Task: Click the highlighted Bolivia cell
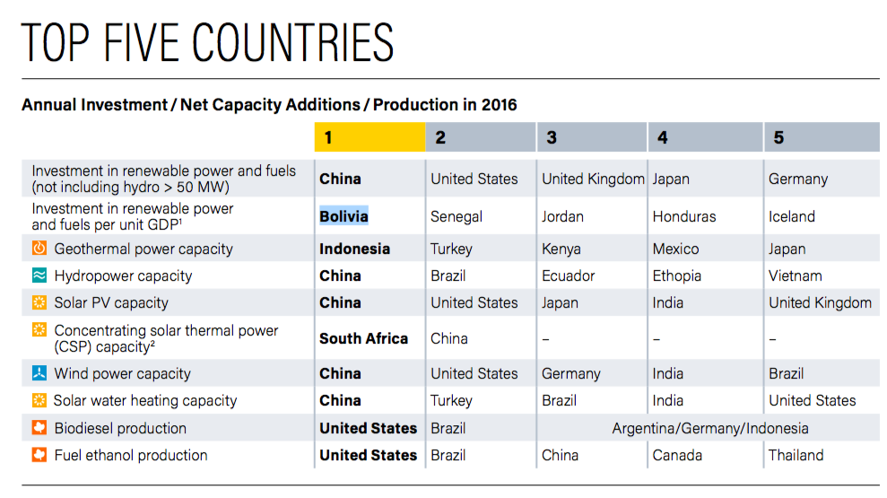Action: coord(343,216)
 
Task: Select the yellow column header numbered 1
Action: coord(370,137)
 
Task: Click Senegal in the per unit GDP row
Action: coord(457,216)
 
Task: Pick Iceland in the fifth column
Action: coord(792,216)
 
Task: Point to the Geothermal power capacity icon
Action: coord(39,249)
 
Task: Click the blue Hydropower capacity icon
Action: coord(39,275)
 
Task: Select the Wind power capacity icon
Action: coord(39,373)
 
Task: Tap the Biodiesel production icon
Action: coord(39,428)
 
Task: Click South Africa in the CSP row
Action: coord(363,338)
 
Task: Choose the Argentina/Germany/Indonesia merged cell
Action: coord(710,428)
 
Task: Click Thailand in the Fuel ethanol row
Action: coord(796,455)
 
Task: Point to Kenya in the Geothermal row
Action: coord(561,249)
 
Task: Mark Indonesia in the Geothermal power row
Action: coord(354,249)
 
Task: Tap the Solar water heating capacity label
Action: coord(145,400)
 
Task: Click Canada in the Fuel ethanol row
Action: coord(677,455)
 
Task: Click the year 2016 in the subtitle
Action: coord(499,105)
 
